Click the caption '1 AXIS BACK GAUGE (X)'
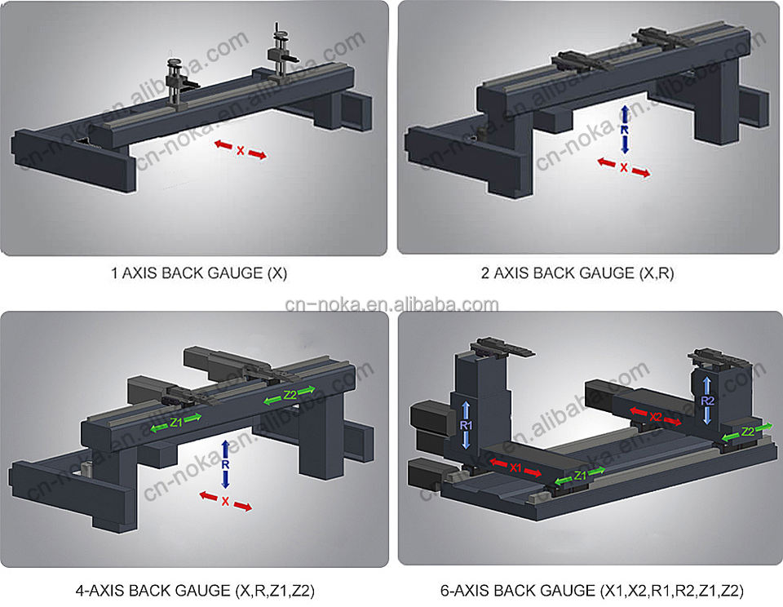point(199,273)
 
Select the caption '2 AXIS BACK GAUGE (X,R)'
point(577,273)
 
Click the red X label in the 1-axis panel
point(240,150)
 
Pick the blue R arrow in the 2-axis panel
point(624,129)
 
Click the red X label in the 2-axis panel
point(624,167)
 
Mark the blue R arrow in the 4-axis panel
point(226,464)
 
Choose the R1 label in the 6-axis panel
point(466,424)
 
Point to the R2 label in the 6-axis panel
point(708,401)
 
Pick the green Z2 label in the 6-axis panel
point(747,431)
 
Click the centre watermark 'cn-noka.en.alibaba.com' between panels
point(391,305)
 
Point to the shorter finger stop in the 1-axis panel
point(177,82)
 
